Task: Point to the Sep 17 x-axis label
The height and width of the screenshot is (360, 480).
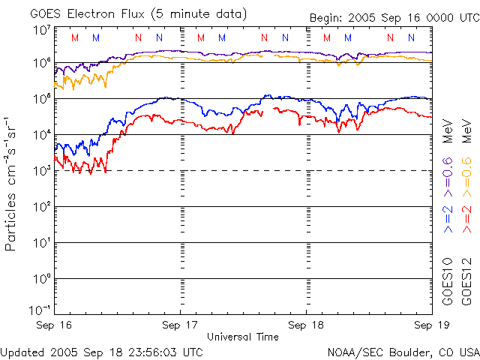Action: pyautogui.click(x=180, y=325)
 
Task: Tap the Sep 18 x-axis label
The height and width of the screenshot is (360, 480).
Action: pyautogui.click(x=306, y=325)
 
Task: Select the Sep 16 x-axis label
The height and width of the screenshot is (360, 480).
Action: pyautogui.click(x=54, y=325)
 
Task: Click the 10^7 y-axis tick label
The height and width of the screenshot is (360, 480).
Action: pyautogui.click(x=41, y=30)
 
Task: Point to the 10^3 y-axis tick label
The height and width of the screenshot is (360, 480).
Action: pyautogui.click(x=41, y=170)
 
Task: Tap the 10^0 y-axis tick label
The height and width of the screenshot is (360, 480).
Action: pyautogui.click(x=41, y=278)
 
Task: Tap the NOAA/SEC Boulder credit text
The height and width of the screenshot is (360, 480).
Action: pyautogui.click(x=403, y=352)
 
